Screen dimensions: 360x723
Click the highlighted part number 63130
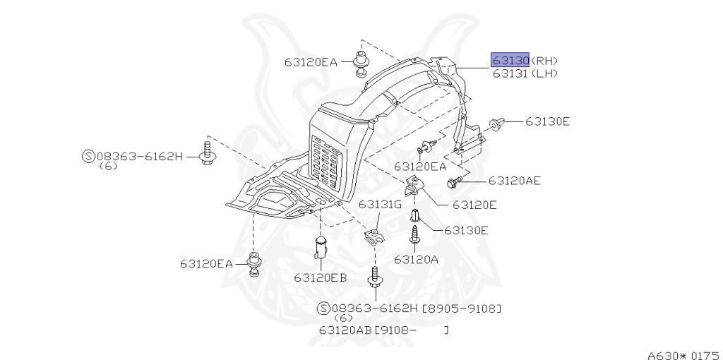(x=510, y=60)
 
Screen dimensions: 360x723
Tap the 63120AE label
(x=514, y=181)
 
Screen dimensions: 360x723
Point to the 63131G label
(x=379, y=205)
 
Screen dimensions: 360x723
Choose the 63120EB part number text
(x=321, y=277)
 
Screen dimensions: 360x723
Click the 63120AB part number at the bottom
(x=345, y=330)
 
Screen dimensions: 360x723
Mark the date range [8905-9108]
(x=462, y=308)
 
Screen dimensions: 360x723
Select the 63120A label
(x=416, y=259)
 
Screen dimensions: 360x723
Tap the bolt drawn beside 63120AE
(x=454, y=182)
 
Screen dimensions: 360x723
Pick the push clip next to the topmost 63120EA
(x=361, y=61)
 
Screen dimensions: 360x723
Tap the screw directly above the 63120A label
(x=415, y=235)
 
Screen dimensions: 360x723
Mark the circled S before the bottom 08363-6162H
(x=323, y=308)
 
